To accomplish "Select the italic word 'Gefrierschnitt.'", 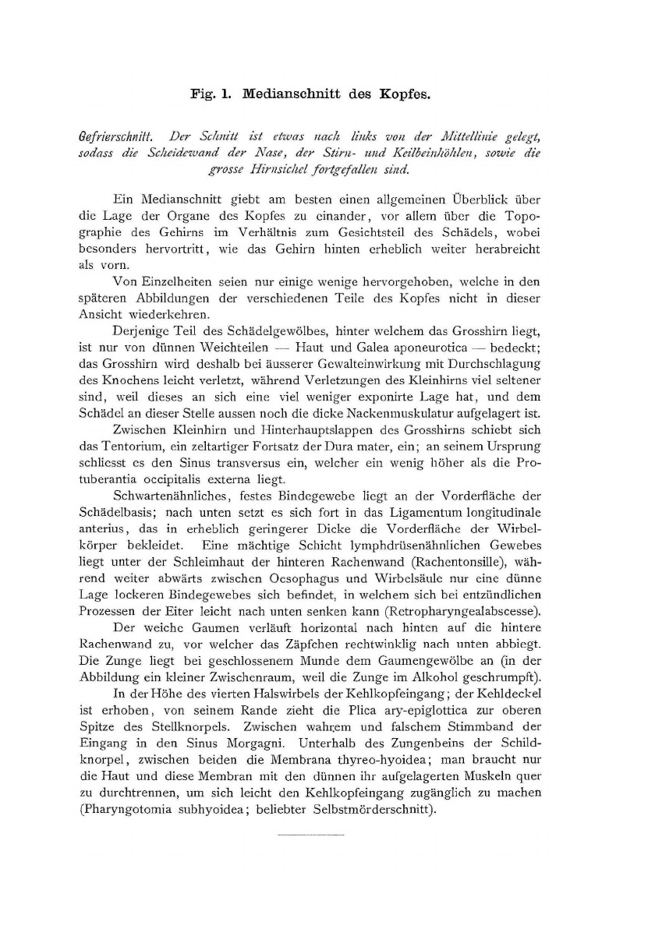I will click(119, 136).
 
